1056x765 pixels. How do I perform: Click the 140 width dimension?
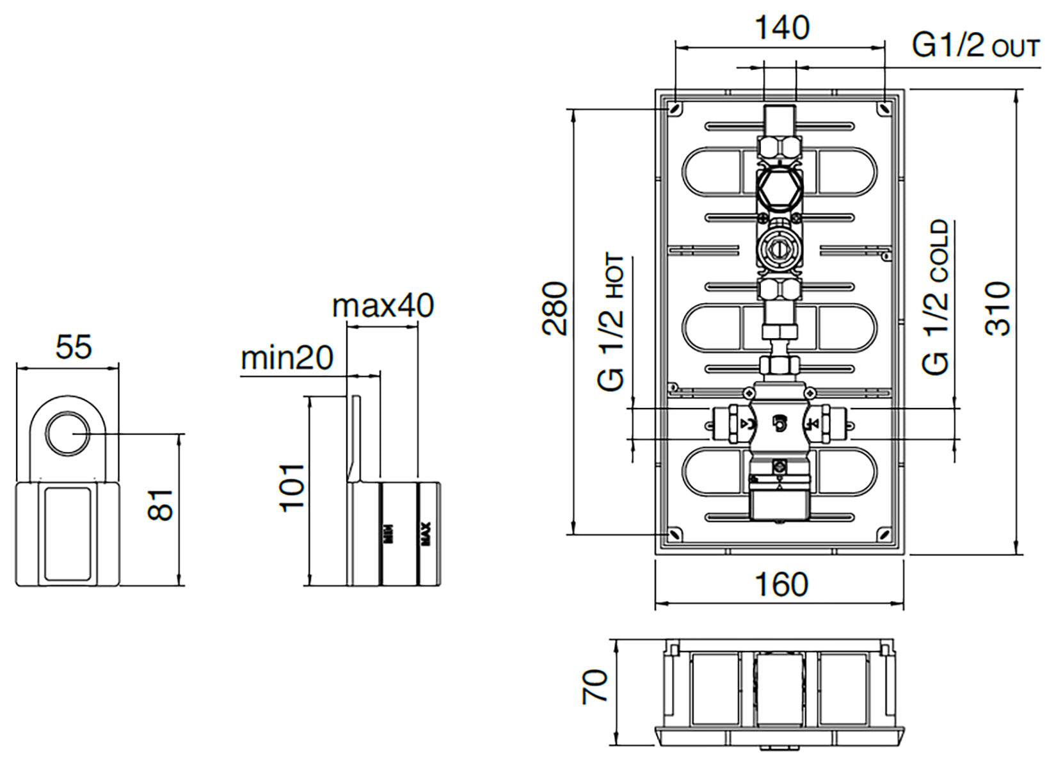pos(781,28)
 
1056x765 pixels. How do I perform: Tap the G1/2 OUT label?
pos(975,46)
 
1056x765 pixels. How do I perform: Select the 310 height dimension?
pos(998,308)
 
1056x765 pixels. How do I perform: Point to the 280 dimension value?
pos(555,308)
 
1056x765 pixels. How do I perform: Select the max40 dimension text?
pos(383,306)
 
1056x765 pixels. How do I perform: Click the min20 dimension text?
pos(287,358)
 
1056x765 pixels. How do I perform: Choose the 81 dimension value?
pos(161,504)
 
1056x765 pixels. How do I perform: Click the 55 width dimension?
pos(74,348)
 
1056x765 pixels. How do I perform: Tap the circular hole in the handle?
pos(67,433)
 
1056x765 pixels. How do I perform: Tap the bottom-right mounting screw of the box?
pos(884,533)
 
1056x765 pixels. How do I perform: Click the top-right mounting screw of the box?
pos(884,109)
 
